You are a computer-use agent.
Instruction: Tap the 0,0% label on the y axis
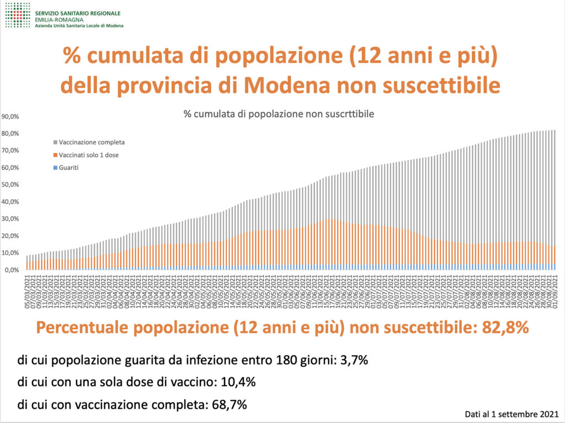point(12,270)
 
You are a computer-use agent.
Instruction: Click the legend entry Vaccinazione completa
point(89,142)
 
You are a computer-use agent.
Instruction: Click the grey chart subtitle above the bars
point(279,114)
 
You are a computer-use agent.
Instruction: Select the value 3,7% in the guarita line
point(354,361)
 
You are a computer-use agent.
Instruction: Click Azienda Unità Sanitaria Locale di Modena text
point(79,25)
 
